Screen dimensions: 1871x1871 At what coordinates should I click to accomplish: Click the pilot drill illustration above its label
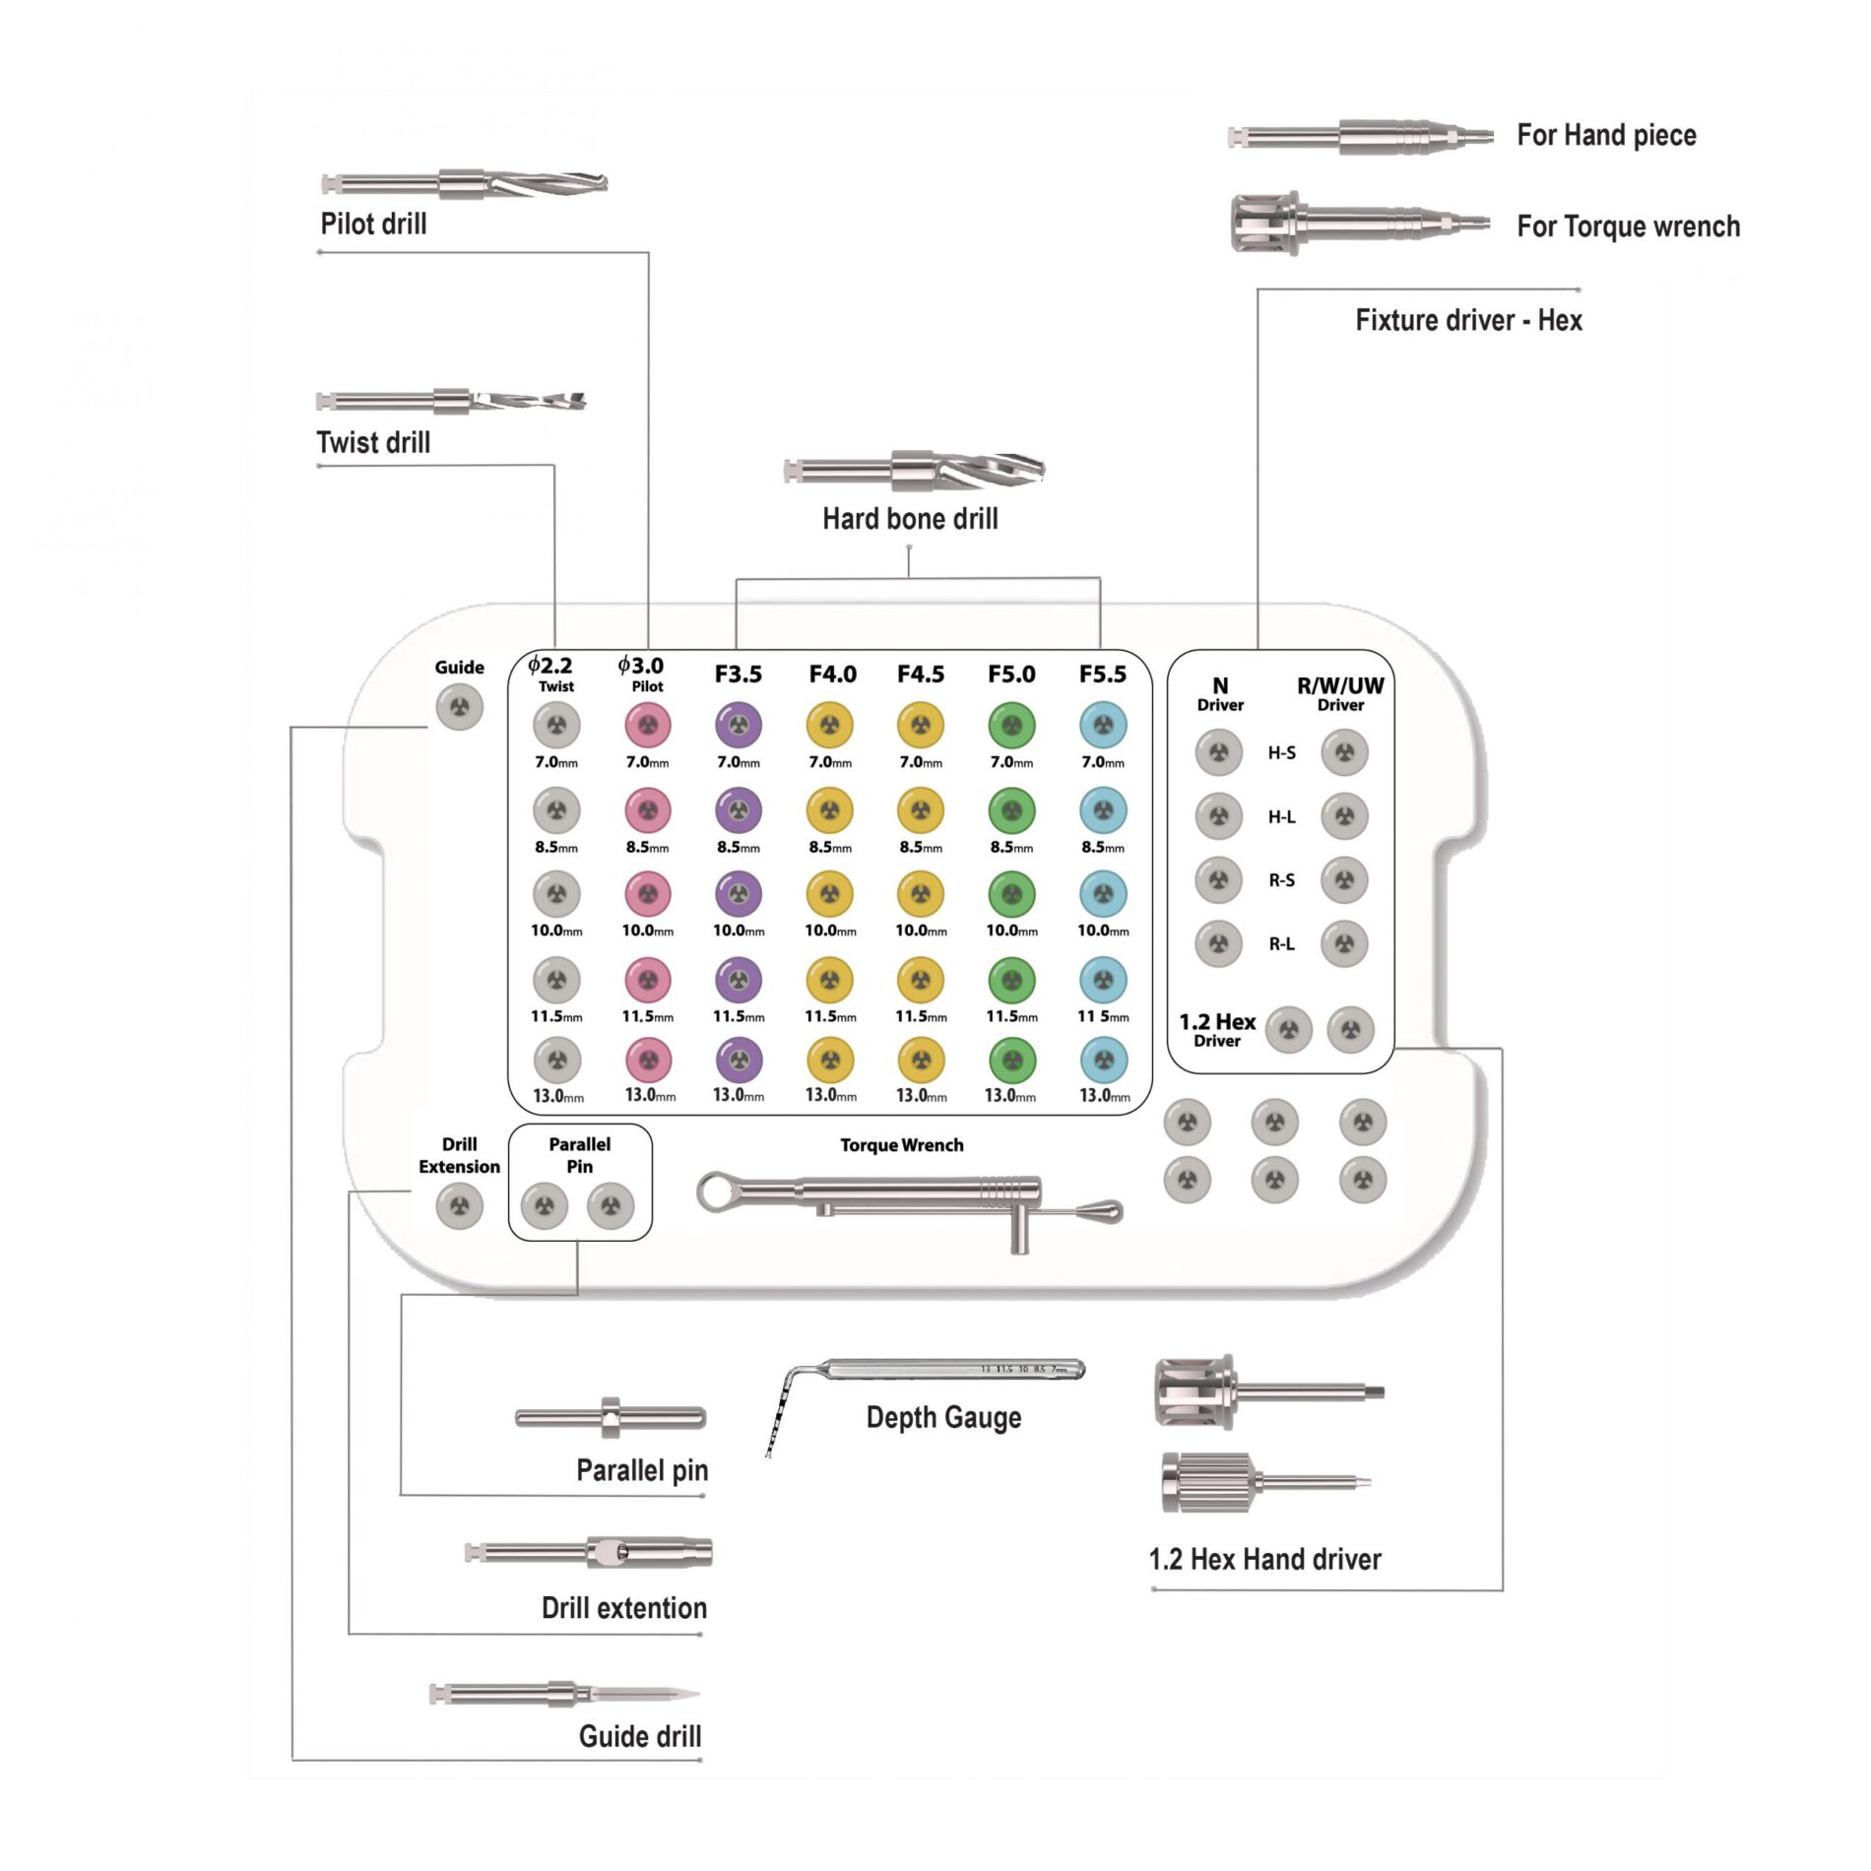click(464, 183)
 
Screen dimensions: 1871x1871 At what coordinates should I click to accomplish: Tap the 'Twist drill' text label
click(373, 442)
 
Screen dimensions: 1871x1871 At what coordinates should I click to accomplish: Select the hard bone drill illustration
click(914, 471)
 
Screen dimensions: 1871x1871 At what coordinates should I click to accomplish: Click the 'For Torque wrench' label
click(1628, 226)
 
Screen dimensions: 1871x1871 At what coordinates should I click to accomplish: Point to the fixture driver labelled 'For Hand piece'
click(1360, 136)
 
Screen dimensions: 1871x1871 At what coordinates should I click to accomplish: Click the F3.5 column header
click(738, 675)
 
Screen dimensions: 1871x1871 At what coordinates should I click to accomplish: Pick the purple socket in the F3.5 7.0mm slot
click(739, 726)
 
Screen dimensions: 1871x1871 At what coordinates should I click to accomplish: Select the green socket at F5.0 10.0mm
click(1011, 894)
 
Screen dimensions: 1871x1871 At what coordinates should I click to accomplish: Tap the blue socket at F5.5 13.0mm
click(1104, 1061)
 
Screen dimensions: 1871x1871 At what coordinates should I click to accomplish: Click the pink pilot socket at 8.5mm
click(648, 810)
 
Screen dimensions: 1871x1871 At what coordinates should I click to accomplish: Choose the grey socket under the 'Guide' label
click(459, 707)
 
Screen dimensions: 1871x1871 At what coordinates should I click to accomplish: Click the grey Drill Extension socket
click(459, 1205)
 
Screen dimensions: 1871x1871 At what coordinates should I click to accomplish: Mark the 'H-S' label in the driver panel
click(1281, 753)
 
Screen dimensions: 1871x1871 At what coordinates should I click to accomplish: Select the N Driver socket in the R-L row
click(1219, 943)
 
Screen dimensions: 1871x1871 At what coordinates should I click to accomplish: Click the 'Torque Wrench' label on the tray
click(901, 1145)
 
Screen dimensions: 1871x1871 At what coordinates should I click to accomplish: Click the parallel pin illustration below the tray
click(611, 1418)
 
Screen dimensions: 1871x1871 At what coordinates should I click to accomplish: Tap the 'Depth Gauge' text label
click(943, 1418)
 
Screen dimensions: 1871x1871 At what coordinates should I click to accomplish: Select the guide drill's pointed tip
click(697, 1695)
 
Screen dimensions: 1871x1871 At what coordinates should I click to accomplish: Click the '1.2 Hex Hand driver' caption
click(1264, 1559)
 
